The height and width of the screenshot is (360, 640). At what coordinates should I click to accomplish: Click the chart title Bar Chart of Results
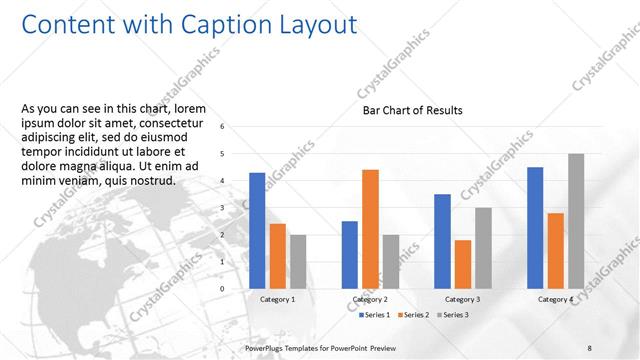[x=412, y=110]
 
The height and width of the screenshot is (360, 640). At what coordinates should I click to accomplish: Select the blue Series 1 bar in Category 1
[x=257, y=230]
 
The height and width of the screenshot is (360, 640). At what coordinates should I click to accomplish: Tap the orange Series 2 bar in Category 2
[x=370, y=228]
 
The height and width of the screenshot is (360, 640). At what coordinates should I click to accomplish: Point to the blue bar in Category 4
[x=535, y=227]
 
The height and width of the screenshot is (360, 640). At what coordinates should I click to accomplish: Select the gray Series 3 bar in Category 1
[x=298, y=261]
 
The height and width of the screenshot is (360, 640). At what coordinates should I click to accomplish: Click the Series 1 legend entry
[x=375, y=315]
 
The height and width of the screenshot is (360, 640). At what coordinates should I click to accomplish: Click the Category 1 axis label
[x=277, y=299]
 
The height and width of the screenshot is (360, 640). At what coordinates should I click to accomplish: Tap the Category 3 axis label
[x=461, y=299]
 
